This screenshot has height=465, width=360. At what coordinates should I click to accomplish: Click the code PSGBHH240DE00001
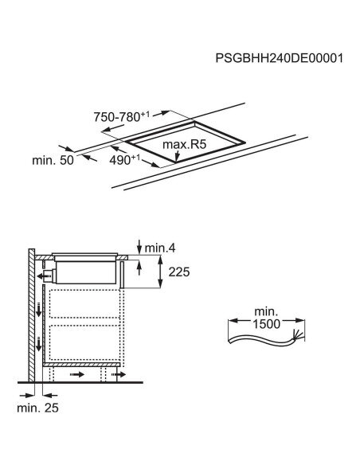pyautogui.click(x=279, y=58)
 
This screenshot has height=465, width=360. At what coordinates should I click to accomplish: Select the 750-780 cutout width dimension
pyautogui.click(x=122, y=116)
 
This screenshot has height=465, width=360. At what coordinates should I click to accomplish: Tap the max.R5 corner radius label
pyautogui.click(x=184, y=144)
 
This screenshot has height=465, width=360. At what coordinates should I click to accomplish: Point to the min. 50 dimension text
pyautogui.click(x=53, y=160)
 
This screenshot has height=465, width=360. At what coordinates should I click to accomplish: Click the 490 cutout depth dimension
pyautogui.click(x=124, y=159)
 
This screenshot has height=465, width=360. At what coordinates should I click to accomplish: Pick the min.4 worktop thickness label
pyautogui.click(x=160, y=248)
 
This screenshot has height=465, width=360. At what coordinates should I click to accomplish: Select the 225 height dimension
pyautogui.click(x=179, y=272)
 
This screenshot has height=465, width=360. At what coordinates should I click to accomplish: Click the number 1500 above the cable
pyautogui.click(x=266, y=324)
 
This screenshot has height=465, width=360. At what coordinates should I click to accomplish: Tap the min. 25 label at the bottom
pyautogui.click(x=37, y=408)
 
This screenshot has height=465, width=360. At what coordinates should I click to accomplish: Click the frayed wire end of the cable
pyautogui.click(x=298, y=337)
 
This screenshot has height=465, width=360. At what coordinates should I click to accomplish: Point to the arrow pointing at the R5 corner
pyautogui.click(x=177, y=156)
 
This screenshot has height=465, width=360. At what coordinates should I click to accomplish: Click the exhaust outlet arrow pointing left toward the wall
pyautogui.click(x=43, y=276)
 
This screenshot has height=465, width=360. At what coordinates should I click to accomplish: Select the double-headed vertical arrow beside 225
pyautogui.click(x=160, y=272)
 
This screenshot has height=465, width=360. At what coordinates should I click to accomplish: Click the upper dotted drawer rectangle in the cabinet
pyautogui.click(x=84, y=303)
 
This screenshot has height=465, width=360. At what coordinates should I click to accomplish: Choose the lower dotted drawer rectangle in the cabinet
pyautogui.click(x=84, y=342)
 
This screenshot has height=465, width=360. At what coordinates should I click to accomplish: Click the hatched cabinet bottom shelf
pyautogui.click(x=81, y=365)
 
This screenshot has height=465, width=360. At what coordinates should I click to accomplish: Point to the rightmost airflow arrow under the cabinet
pyautogui.click(x=119, y=375)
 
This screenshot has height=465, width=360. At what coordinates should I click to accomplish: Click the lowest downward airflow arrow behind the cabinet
pyautogui.click(x=39, y=344)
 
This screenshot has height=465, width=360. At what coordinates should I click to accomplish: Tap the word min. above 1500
pyautogui.click(x=266, y=311)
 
